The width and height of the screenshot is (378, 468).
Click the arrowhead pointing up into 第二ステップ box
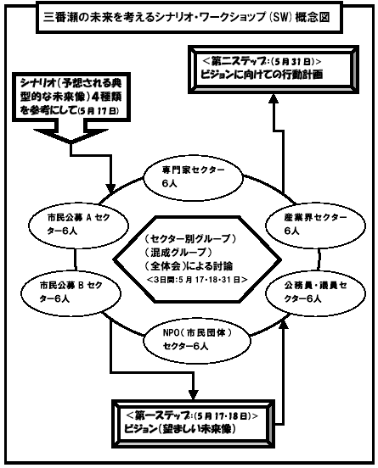(x=273, y=98)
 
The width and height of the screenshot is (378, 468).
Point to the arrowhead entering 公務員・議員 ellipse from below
(x=284, y=322)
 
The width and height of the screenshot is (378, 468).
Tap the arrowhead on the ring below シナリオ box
(x=111, y=188)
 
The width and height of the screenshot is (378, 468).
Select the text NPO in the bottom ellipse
(x=171, y=333)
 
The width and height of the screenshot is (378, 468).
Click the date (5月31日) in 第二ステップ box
(x=293, y=62)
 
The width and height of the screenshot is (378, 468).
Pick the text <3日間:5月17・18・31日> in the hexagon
(x=197, y=280)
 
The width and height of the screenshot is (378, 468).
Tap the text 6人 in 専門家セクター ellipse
(x=170, y=184)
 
